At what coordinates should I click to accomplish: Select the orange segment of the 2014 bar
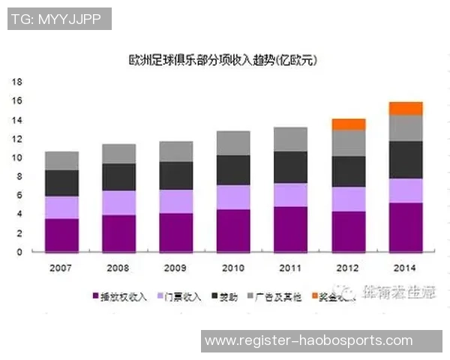pos(406,108)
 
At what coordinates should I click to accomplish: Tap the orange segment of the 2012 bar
pos(348,124)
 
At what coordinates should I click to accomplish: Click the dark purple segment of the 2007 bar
pos(61,235)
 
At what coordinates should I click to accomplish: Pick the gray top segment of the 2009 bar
pos(176,151)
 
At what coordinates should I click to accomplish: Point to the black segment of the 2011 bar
pos(290,166)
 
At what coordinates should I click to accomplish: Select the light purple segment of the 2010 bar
pos(233,197)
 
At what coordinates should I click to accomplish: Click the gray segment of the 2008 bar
pos(118,154)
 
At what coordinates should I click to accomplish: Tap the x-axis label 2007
pos(61,267)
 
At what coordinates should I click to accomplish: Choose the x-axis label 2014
pos(406,267)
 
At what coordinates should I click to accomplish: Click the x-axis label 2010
pos(233,267)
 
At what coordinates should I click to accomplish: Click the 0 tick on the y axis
pos(21,252)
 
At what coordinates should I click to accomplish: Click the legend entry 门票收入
pos(180,297)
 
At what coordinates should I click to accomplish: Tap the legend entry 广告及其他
pos(280,297)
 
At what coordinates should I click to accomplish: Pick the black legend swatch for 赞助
pos(213,297)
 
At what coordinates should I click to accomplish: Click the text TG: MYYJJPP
pos(58,19)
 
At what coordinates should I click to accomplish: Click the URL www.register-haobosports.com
pos(308,340)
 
